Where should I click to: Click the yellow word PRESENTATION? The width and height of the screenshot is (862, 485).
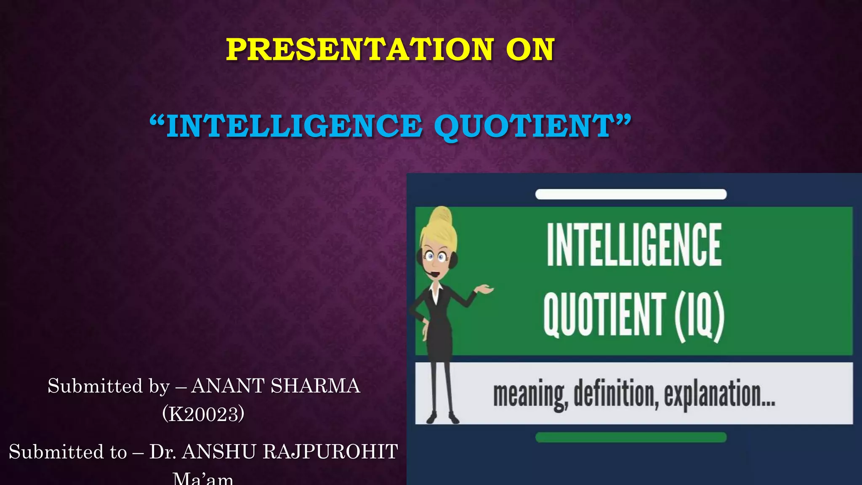tap(359, 50)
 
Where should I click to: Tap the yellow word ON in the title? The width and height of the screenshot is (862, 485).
tap(530, 50)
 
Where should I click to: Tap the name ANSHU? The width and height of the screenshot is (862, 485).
tap(219, 452)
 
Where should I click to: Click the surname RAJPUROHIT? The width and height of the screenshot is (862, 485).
tap(330, 452)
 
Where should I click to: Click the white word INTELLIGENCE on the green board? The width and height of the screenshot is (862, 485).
tap(634, 245)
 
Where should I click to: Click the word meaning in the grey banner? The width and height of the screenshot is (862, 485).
tap(530, 394)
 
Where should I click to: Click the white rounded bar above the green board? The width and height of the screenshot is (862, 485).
tap(631, 194)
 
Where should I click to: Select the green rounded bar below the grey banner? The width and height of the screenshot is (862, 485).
tap(631, 437)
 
